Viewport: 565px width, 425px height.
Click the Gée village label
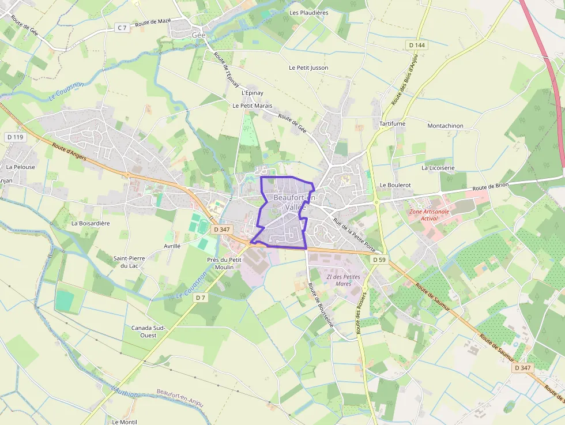tap(198, 35)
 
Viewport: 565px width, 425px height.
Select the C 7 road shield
tap(122, 27)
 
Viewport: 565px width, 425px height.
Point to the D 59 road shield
tap(379, 259)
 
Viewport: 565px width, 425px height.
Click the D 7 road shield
tap(200, 298)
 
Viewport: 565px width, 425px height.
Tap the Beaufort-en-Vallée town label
tap(296, 202)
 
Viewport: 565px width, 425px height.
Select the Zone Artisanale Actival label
tap(429, 215)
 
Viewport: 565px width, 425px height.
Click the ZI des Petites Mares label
tap(343, 280)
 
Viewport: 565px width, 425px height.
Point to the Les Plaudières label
tap(308, 12)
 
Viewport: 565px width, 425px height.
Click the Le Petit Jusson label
tap(308, 67)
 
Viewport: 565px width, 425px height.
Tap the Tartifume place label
tap(392, 124)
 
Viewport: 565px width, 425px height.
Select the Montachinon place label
tap(445, 125)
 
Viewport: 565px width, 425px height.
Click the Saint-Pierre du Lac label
tap(129, 262)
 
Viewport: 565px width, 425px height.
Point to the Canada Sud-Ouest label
tap(148, 331)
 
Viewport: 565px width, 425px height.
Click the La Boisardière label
tap(91, 223)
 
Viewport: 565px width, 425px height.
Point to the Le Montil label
tap(125, 422)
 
